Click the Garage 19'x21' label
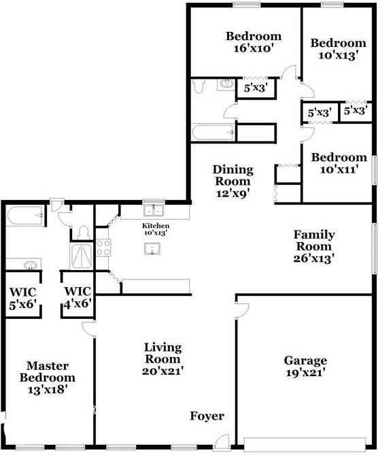pyautogui.click(x=305, y=366)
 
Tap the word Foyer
pyautogui.click(x=207, y=416)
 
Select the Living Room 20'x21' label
pyautogui.click(x=163, y=359)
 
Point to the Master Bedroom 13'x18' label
pyautogui.click(x=48, y=378)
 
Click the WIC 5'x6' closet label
pyautogui.click(x=23, y=299)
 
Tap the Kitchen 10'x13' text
pyautogui.click(x=156, y=229)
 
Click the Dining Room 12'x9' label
pyautogui.click(x=233, y=182)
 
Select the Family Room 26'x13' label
pyautogui.click(x=314, y=246)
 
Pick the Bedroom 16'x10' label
pyautogui.click(x=254, y=41)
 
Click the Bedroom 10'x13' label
pyautogui.click(x=339, y=49)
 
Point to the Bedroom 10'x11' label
pyautogui.click(x=339, y=163)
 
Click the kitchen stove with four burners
pyautogui.click(x=103, y=248)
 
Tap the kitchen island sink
pyautogui.click(x=152, y=249)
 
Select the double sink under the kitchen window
pyautogui.click(x=154, y=211)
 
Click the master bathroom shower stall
pyautogui.click(x=82, y=257)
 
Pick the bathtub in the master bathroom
pyautogui.click(x=26, y=216)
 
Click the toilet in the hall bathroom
pyautogui.click(x=199, y=86)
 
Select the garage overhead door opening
pyautogui.click(x=305, y=444)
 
